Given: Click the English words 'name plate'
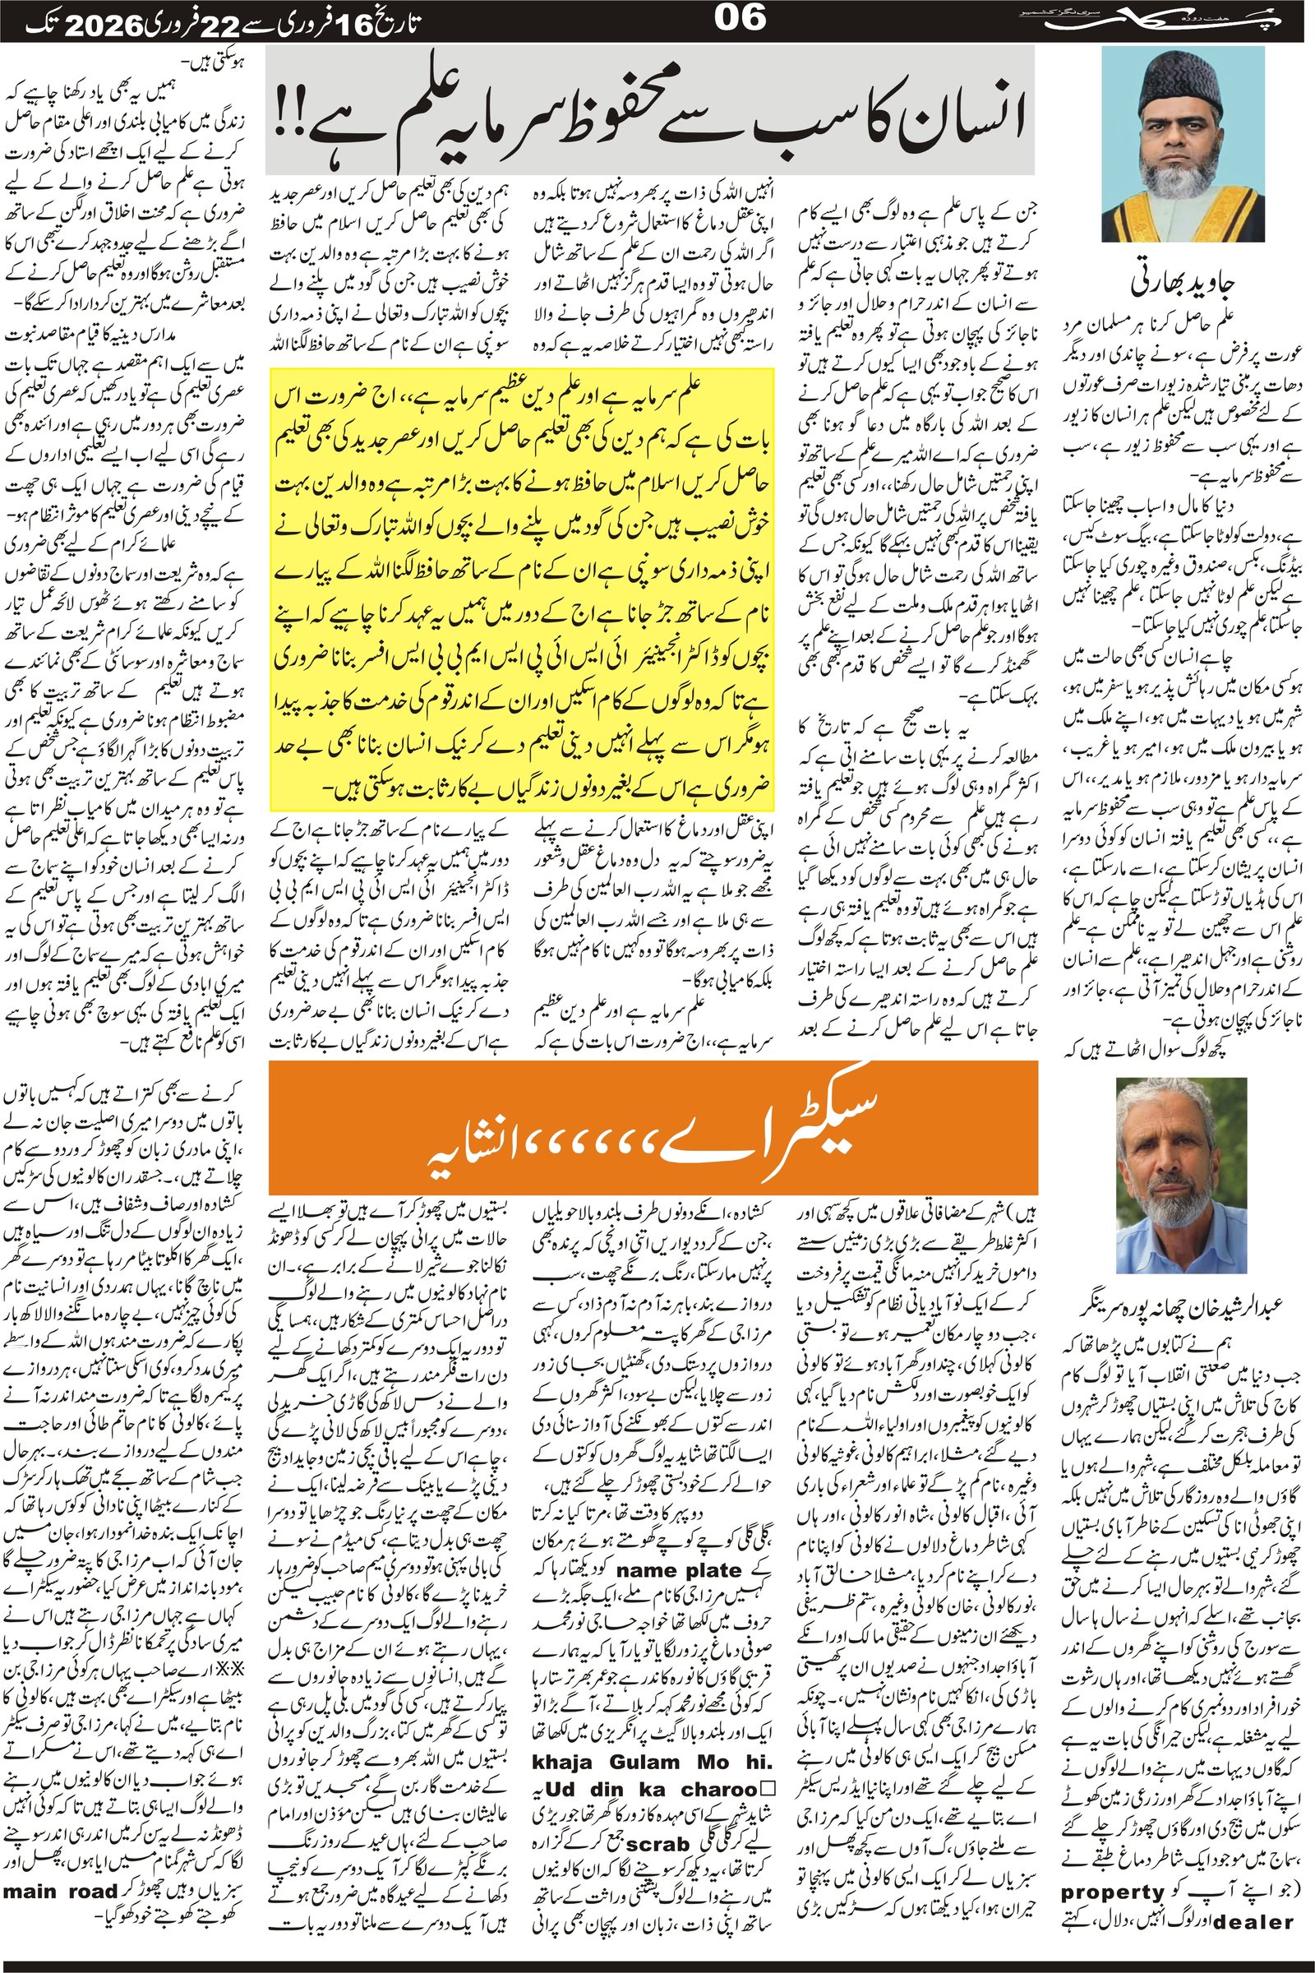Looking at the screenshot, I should click(680, 1569).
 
